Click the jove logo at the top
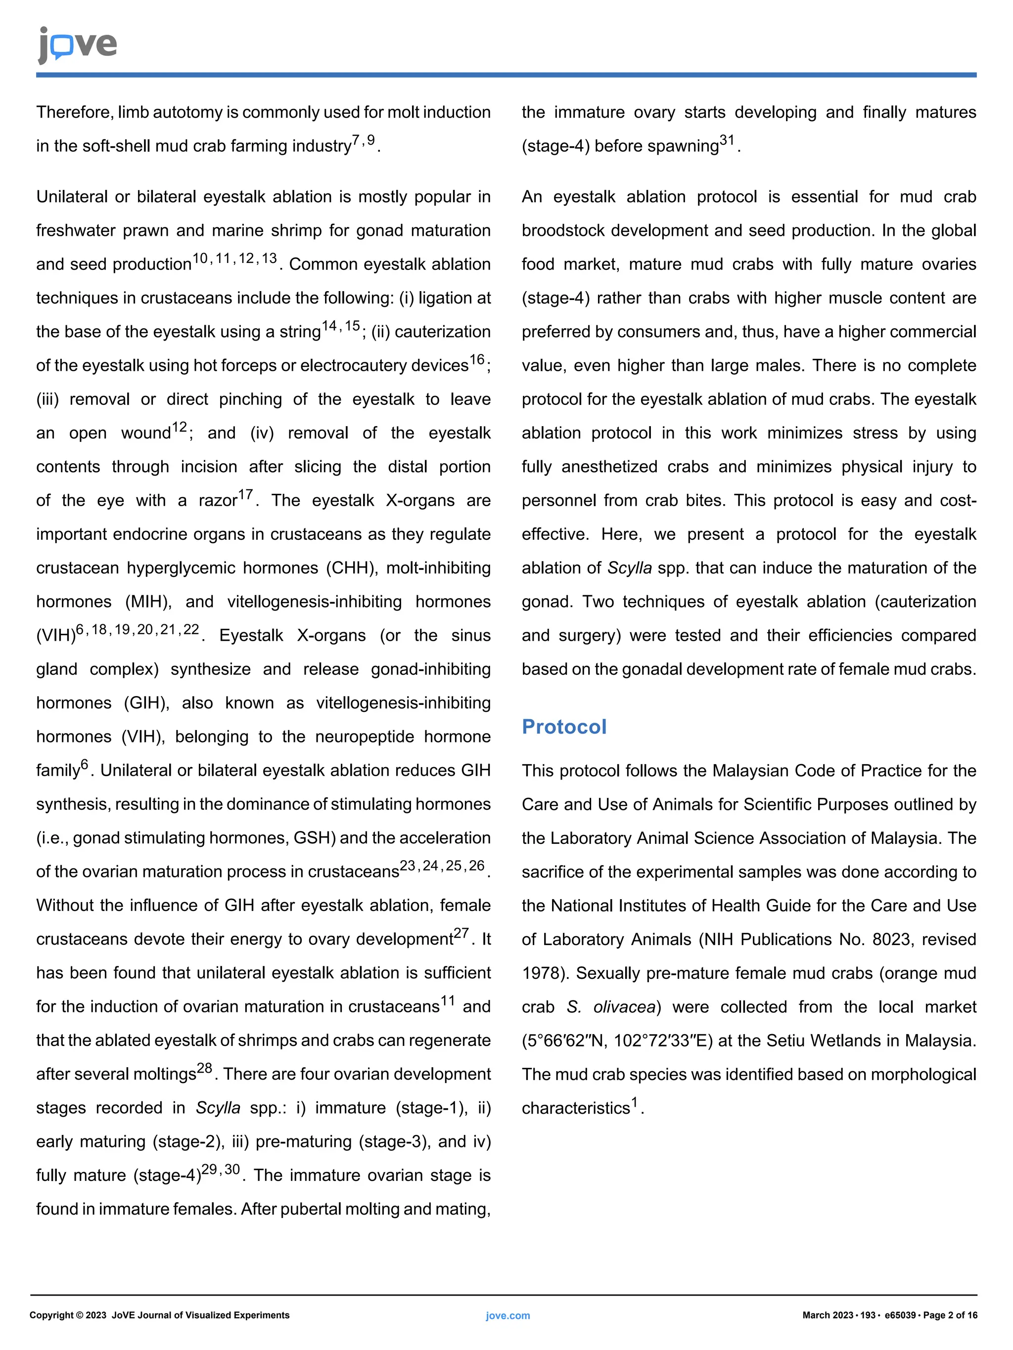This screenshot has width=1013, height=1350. point(77,44)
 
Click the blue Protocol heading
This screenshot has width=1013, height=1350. point(563,727)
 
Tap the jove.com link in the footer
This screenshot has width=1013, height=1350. point(507,1316)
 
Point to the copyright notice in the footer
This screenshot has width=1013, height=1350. point(159,1315)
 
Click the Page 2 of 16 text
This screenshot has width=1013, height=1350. point(950,1315)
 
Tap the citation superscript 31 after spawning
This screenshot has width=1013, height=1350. point(727,140)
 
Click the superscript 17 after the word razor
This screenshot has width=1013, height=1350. point(245,494)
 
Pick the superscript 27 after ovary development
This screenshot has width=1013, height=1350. point(461,934)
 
